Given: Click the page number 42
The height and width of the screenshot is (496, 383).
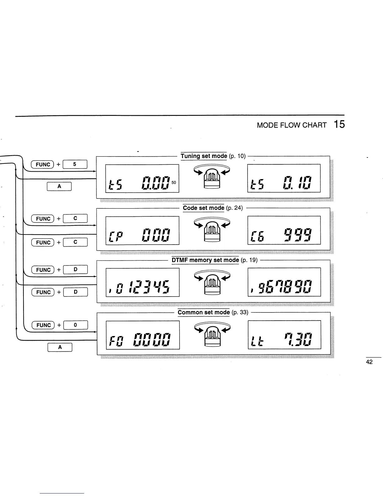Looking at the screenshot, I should pos(369,362).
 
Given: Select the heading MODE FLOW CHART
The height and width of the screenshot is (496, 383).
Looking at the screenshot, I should pos(292,125).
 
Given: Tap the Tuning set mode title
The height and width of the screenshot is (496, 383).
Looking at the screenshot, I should pos(204,156).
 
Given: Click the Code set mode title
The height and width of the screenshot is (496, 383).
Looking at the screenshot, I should pos(204,208).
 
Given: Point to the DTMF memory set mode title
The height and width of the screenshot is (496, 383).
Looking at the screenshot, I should pos(205,260).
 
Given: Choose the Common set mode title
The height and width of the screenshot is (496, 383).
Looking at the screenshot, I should pos(204,312).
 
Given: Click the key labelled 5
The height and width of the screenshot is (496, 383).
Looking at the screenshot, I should pos(75,164).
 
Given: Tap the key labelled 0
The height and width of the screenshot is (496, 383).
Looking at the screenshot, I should pos(75,325).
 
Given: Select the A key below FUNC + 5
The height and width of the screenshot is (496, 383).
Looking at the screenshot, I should pos(59,186).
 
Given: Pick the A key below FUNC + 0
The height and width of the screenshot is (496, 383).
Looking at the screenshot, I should pos(60,347).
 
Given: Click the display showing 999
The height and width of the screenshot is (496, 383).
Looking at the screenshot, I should pos(284,230).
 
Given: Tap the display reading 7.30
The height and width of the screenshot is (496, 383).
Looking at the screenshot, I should pos(284,335).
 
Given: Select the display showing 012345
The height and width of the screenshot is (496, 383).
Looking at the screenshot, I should pos(143,282).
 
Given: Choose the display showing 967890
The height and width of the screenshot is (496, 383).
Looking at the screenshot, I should pos(284,282).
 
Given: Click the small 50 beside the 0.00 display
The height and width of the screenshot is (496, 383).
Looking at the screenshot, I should pos(174,182).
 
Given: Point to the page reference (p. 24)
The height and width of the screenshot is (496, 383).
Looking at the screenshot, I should pos(234,208).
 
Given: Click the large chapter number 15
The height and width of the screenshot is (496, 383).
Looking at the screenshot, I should pos(339,124).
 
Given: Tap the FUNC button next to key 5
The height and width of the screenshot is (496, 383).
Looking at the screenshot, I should pos(43,164).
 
